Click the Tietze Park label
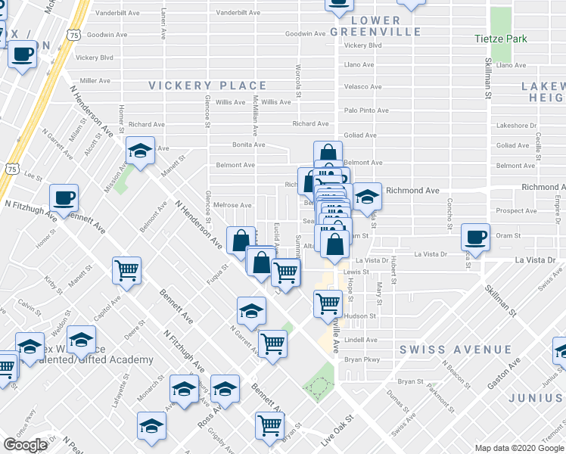coord(500,39)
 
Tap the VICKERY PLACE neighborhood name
coord(207,86)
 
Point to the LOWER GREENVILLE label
coord(375,26)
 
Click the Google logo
coord(25,445)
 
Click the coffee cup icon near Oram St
coord(476,237)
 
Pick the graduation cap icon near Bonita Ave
coord(140,150)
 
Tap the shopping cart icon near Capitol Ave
coord(126,270)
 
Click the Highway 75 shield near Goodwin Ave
coord(73,36)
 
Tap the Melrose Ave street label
coord(234,205)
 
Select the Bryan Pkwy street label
coord(360,360)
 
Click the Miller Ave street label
coord(95,80)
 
